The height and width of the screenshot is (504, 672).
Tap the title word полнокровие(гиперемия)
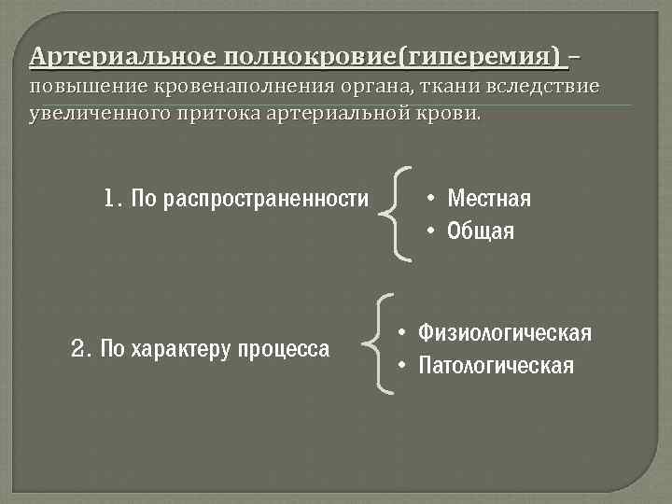[393, 58]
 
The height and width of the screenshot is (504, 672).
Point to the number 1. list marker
[114, 198]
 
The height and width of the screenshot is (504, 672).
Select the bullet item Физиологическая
[505, 333]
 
